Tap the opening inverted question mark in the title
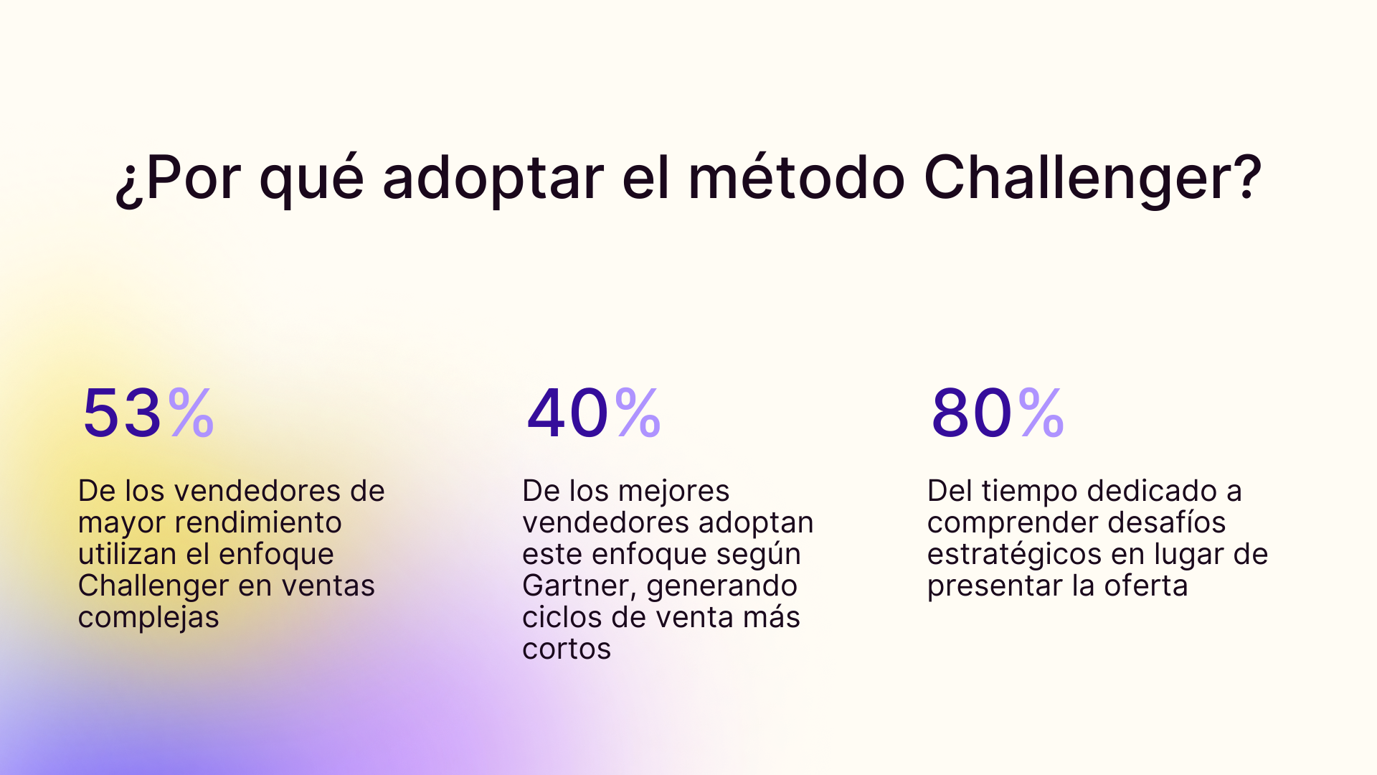[x=128, y=183]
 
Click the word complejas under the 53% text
[x=148, y=617]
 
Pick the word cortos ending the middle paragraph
[x=567, y=649]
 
